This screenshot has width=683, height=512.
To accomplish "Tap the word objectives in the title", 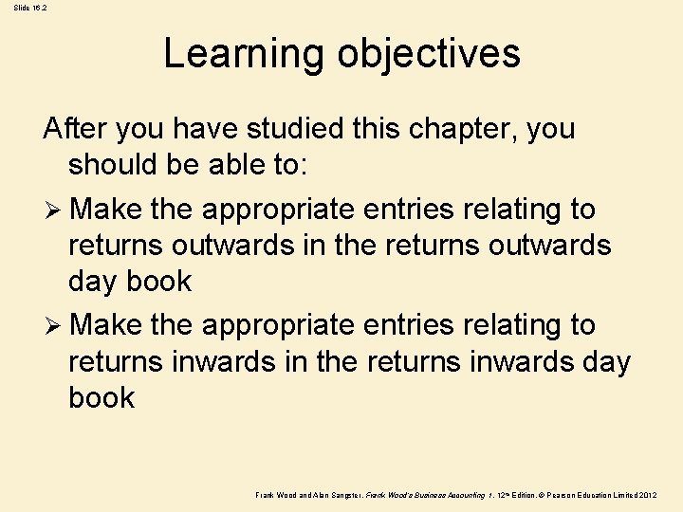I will [429, 54].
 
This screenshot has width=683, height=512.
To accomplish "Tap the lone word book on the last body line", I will [102, 397].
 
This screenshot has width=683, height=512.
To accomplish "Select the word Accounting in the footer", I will [460, 495].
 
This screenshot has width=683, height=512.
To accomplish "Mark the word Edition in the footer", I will [522, 495].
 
